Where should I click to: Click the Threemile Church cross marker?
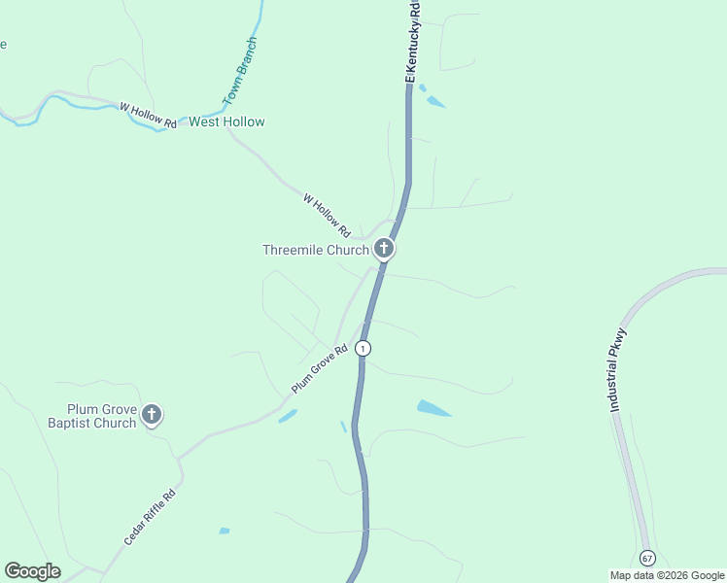click(x=384, y=250)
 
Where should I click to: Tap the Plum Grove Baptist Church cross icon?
click(x=151, y=416)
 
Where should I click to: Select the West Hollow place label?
click(x=226, y=122)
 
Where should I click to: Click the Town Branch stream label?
click(x=240, y=72)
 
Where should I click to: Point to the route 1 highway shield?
click(x=363, y=348)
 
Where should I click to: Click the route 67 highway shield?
click(x=647, y=558)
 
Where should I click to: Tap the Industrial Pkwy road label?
click(x=618, y=370)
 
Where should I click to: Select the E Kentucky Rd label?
click(x=412, y=41)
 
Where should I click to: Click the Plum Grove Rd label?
click(x=320, y=370)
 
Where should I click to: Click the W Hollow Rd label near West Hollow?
click(x=148, y=115)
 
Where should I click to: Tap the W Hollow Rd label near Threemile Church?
click(x=326, y=216)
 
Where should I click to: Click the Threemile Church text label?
click(x=315, y=250)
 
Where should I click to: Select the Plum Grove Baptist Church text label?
click(x=92, y=416)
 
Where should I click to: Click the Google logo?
click(x=32, y=571)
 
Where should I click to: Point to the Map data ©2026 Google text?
click(x=667, y=575)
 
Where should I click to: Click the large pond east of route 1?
click(x=433, y=408)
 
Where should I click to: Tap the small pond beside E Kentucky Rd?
click(x=434, y=101)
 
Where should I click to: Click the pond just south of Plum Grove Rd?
click(x=287, y=416)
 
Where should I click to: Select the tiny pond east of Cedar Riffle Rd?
click(x=225, y=531)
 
